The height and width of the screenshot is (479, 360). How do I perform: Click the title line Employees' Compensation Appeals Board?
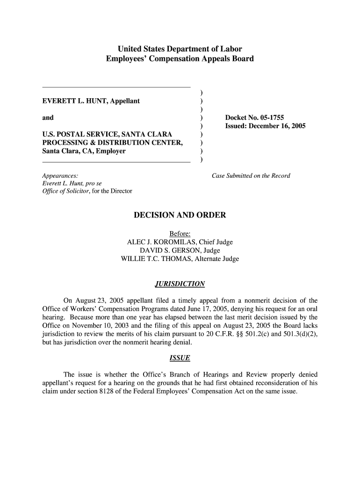click(180, 59)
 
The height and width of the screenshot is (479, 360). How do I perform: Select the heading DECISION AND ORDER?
click(180, 215)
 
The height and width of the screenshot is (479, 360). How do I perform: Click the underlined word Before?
click(180, 234)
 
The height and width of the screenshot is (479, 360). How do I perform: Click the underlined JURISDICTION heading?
click(180, 284)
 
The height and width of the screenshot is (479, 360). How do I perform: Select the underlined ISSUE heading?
click(180, 358)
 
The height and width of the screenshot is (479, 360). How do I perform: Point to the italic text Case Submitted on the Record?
click(251, 176)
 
